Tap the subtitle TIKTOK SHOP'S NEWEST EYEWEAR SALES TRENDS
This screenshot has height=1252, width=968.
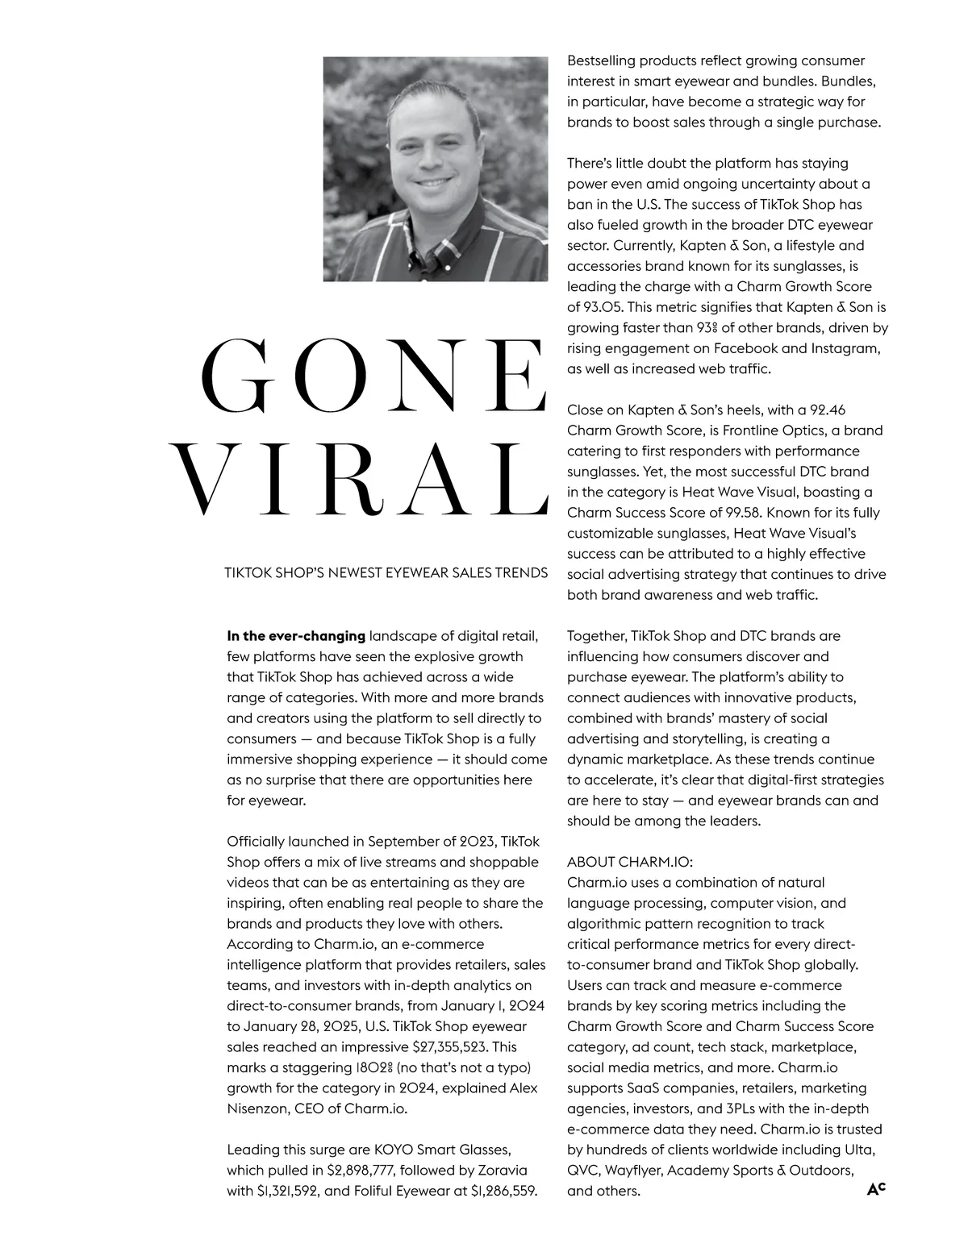point(386,573)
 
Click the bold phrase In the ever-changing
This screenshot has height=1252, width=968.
point(296,636)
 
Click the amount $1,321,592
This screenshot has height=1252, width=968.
point(289,1191)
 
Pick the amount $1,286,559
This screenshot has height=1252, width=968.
point(503,1191)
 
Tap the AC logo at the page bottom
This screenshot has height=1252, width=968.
point(876,1188)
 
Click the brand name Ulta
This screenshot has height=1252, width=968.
point(860,1150)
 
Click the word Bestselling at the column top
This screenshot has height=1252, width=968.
point(603,60)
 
